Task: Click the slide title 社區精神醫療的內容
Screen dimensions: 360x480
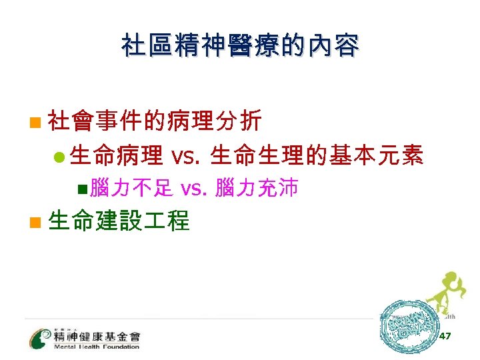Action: coord(240,47)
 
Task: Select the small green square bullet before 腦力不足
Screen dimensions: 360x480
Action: coord(81,189)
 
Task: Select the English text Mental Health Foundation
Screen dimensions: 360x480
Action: coord(97,347)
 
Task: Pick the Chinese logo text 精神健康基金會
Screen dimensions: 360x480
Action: coord(97,336)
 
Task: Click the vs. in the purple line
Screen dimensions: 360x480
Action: coord(194,189)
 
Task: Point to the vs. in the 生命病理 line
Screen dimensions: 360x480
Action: coord(185,156)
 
